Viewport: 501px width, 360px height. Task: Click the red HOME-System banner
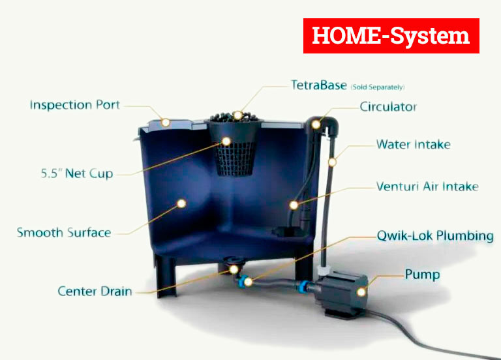coord(391,36)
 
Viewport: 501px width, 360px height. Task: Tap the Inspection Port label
coord(75,105)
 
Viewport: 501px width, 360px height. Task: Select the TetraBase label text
coord(318,85)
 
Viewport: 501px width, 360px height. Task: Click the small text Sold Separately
coord(378,87)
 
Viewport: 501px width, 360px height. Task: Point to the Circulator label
coord(388,106)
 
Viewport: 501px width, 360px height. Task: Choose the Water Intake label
coord(413,144)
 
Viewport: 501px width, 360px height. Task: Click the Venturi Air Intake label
coord(427,187)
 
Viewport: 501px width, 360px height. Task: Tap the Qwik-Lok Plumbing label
coord(435,235)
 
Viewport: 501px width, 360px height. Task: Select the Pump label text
coord(422,274)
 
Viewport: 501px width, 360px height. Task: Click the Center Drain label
coord(95,291)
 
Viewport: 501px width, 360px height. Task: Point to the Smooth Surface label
coord(64,232)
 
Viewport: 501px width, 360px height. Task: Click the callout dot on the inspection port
coord(166,122)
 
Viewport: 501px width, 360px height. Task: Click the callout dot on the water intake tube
coord(332,161)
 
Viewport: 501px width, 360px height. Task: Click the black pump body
coord(339,287)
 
